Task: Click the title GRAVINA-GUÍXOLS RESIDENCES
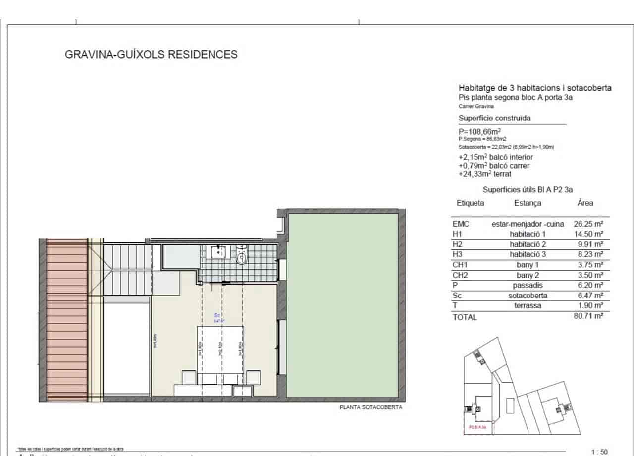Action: [151, 54]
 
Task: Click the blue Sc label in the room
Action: [217, 315]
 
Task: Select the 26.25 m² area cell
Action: [588, 224]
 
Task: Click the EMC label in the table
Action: [461, 224]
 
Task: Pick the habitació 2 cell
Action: [528, 244]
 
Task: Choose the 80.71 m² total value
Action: [588, 316]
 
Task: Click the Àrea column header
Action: [585, 203]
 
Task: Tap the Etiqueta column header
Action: [470, 203]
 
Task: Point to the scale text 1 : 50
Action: [599, 452]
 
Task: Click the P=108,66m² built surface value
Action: [479, 131]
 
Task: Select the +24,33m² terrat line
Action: [485, 174]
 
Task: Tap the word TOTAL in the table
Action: [465, 317]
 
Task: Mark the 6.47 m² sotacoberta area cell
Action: [588, 296]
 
